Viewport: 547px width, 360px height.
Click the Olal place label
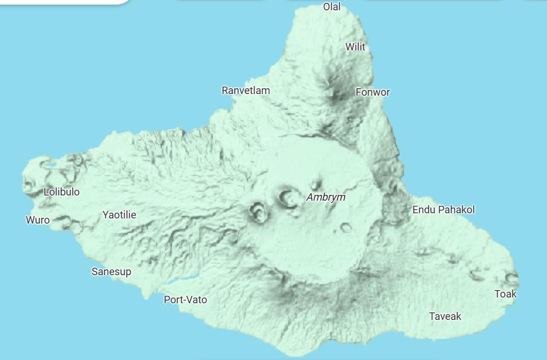(332, 7)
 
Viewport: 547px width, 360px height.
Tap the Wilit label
(355, 47)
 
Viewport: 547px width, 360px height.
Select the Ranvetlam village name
(246, 91)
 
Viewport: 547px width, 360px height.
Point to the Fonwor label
(372, 92)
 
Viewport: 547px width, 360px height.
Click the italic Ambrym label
(326, 197)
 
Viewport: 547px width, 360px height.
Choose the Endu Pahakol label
(443, 210)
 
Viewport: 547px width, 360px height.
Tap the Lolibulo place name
(62, 192)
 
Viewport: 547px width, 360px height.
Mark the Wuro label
(38, 220)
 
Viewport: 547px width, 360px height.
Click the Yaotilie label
(119, 215)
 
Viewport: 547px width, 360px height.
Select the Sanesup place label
(111, 272)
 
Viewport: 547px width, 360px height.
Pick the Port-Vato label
(185, 300)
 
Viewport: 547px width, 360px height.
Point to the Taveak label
(445, 316)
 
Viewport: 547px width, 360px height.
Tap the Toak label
(505, 294)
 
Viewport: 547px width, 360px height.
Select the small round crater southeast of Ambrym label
(346, 228)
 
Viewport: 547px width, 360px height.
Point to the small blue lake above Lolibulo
(51, 166)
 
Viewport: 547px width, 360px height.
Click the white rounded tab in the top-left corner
(63, 2)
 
